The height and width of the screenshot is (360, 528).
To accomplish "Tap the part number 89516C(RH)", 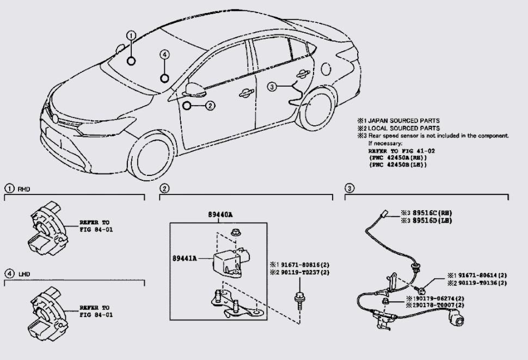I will coord(431,213).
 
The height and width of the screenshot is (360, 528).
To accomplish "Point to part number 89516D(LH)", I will coord(431,221).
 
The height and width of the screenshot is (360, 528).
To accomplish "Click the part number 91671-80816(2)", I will coord(303,265).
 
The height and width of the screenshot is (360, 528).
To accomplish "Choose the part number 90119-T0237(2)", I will coord(303,272).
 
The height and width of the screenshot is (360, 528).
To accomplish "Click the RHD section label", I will coord(23,189).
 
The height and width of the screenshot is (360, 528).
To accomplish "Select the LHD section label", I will coord(23,274).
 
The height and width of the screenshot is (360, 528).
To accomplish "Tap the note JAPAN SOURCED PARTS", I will coord(402,121).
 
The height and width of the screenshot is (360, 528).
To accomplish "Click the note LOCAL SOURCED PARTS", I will coord(402,128).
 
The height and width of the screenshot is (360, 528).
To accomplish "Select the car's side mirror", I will coord(194,89).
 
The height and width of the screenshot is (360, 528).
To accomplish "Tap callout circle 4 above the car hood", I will coord(165,54).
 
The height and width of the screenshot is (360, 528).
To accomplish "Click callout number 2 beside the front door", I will coord(211,106).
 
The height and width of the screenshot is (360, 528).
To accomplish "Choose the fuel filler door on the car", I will coord(327,69).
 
